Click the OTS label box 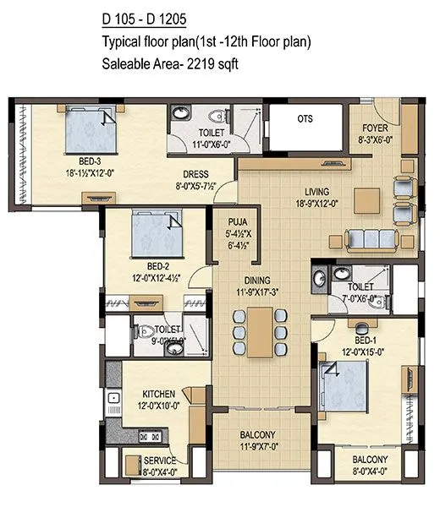click(305, 119)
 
